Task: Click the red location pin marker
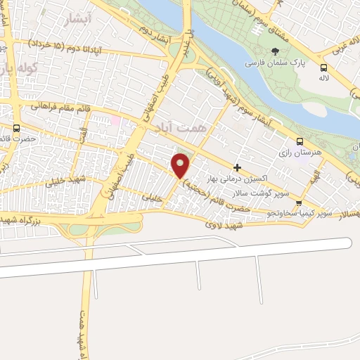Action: click(x=181, y=165)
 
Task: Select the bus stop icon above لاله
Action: click(x=323, y=67)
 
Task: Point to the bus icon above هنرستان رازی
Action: click(x=300, y=141)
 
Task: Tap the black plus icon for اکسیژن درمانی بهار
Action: click(x=238, y=167)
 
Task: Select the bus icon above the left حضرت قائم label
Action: click(x=16, y=128)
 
